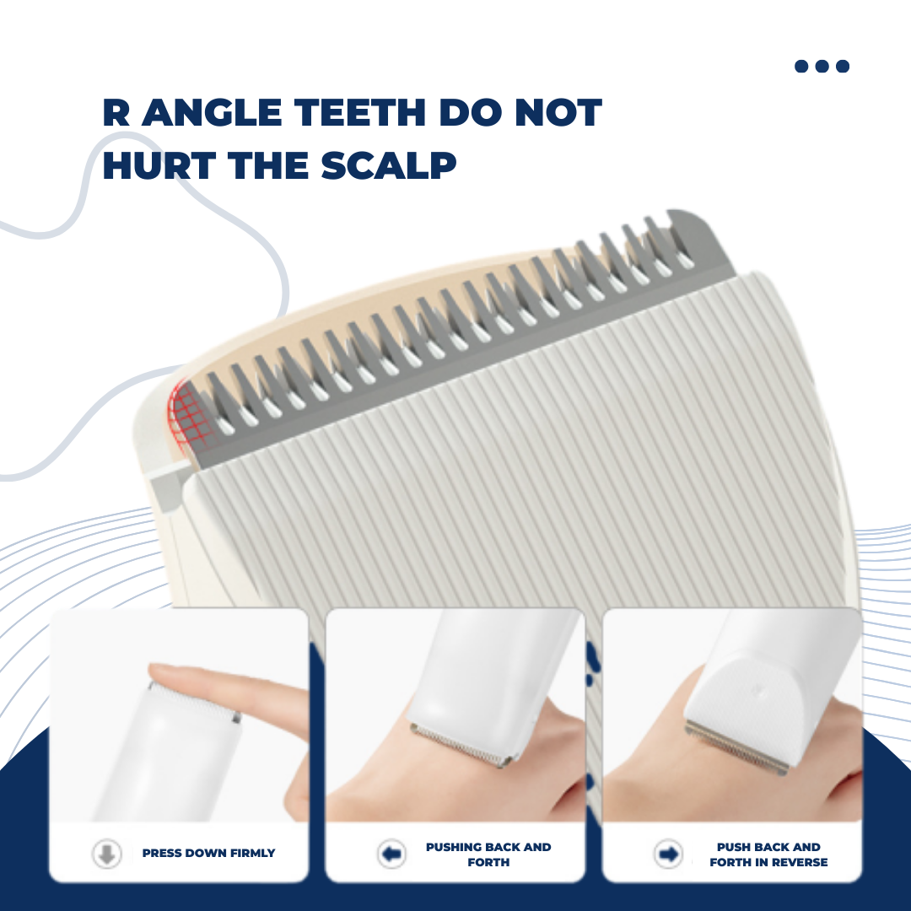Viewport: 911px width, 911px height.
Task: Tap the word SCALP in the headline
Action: click(389, 165)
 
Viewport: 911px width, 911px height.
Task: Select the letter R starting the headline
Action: click(116, 114)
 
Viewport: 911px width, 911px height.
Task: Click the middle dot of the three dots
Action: click(822, 67)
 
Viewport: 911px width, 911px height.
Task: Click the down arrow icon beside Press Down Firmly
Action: click(106, 854)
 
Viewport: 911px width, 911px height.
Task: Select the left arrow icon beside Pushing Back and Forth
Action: click(391, 854)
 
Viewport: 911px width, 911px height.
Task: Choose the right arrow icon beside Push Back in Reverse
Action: click(668, 854)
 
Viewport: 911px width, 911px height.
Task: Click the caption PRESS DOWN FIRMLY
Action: click(208, 854)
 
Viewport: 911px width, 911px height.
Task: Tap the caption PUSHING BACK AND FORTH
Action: click(488, 854)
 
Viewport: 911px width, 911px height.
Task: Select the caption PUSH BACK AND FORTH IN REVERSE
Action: click(768, 854)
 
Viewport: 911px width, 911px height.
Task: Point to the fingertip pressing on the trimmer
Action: click(169, 675)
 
